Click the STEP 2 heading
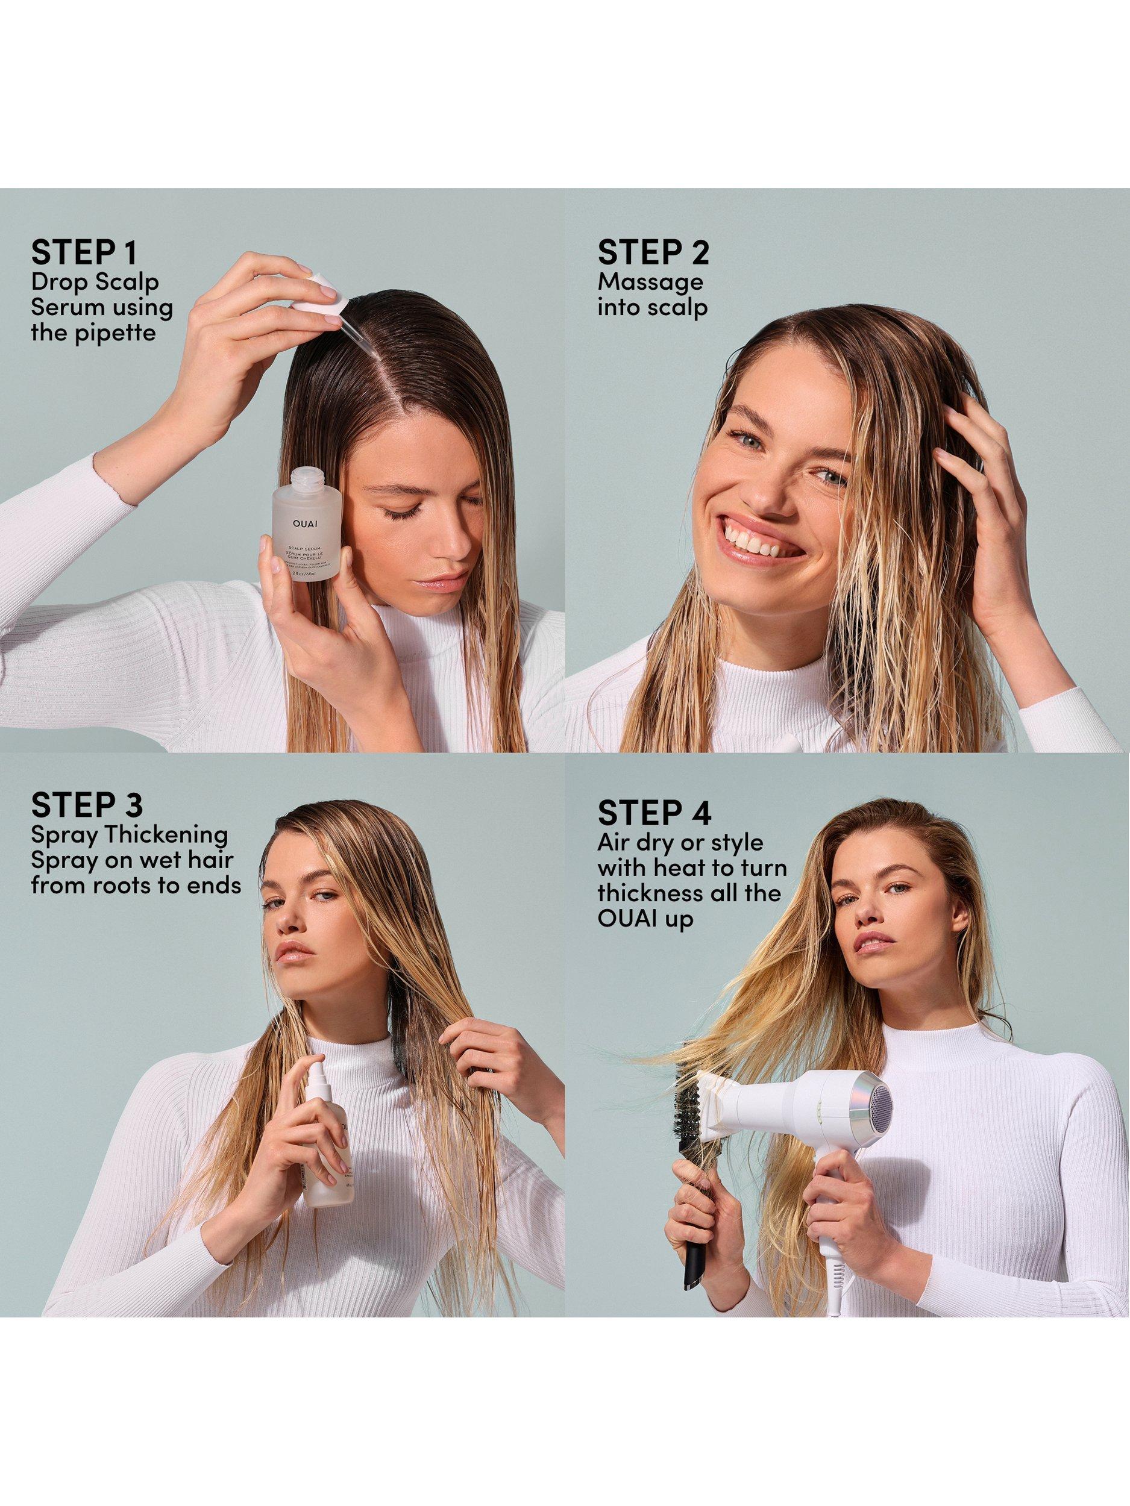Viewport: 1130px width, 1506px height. [653, 252]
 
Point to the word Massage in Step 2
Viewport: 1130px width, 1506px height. [650, 281]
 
